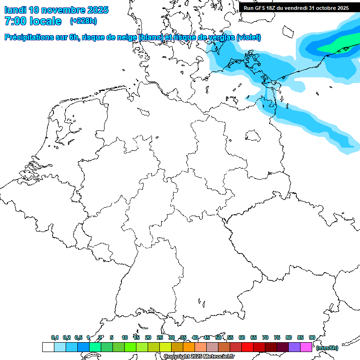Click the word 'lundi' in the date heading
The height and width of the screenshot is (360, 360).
15,10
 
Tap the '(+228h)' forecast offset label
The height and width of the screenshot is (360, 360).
83,21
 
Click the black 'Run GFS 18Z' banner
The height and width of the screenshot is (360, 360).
296,7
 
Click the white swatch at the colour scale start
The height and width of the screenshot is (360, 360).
48,347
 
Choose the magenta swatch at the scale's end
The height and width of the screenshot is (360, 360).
306,347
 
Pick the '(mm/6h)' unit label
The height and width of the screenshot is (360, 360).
327,348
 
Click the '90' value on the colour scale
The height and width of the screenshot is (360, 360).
312,337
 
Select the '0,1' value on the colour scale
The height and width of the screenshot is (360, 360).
55,337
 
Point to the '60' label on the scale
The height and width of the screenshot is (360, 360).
242,337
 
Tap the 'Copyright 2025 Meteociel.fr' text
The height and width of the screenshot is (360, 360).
199,357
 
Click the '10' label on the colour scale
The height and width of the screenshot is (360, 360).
125,337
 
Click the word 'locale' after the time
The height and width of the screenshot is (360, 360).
45,21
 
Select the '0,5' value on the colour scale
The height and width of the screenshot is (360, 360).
78,337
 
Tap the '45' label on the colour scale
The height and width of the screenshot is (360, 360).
207,337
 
